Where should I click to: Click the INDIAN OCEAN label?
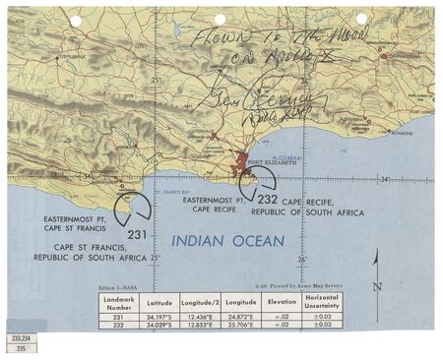pyautogui.click(x=227, y=241)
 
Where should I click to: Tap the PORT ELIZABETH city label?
pyautogui.click(x=269, y=163)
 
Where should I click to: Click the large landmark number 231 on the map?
pyautogui.click(x=137, y=234)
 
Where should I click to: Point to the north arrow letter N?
pyautogui.click(x=377, y=288)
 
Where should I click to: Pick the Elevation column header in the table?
pyautogui.click(x=282, y=302)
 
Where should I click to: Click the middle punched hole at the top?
pyautogui.click(x=220, y=19)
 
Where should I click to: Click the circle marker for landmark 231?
pyautogui.click(x=131, y=208)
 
